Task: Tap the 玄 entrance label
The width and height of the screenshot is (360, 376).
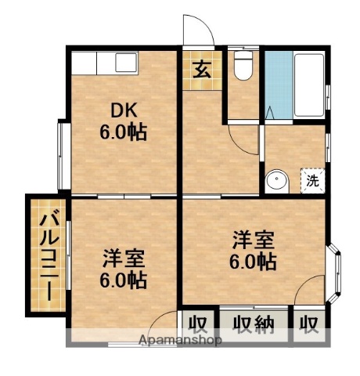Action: (x=201, y=70)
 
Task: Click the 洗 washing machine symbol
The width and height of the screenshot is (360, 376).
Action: (x=312, y=180)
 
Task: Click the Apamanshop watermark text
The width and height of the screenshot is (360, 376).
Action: (x=179, y=341)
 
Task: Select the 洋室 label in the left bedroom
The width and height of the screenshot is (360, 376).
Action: (x=124, y=258)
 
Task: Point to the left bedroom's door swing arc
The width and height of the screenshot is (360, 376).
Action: (x=164, y=320)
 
